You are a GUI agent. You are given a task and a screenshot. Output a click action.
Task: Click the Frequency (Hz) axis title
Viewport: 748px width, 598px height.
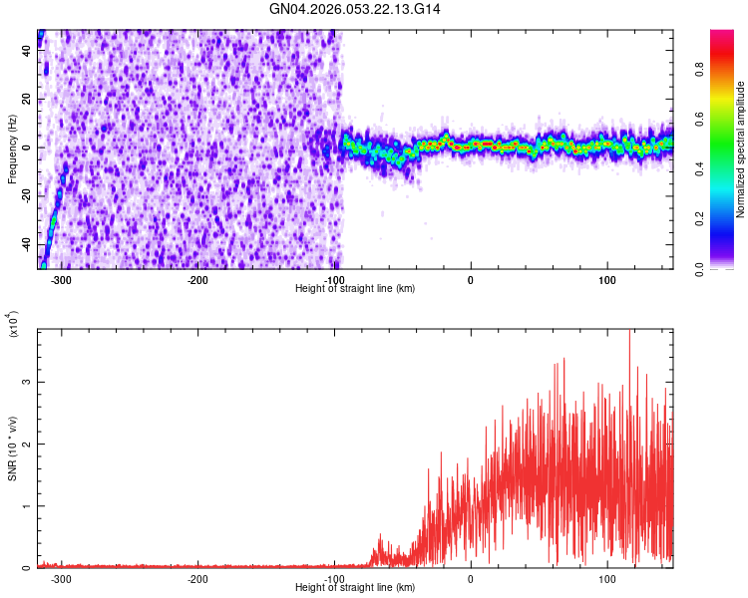(12, 148)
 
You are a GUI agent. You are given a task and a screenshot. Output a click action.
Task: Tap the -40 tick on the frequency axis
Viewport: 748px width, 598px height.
(26, 244)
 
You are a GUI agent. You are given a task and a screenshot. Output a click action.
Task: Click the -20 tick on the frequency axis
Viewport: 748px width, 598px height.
(26, 195)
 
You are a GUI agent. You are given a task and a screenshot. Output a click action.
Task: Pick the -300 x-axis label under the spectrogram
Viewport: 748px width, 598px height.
(61, 280)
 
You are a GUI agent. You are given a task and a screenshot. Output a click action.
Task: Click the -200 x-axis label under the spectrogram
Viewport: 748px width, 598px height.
(197, 280)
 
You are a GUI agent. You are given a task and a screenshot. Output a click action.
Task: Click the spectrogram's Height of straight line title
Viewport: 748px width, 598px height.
(355, 289)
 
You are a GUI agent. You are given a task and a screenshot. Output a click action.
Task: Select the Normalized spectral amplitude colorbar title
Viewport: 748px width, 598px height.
(740, 149)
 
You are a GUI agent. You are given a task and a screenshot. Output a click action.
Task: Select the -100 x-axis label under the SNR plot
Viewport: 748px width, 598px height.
(334, 579)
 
